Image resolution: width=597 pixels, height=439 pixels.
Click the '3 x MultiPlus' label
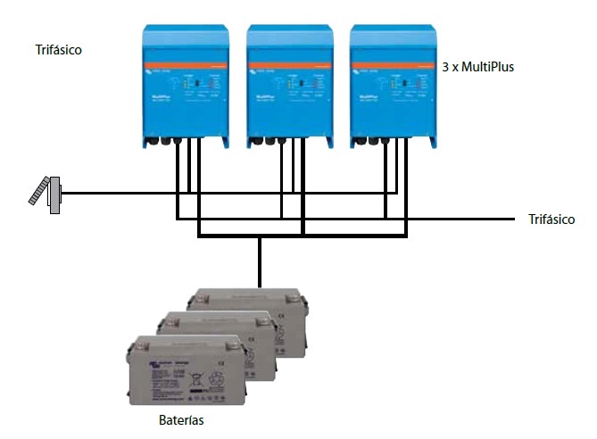click(478, 67)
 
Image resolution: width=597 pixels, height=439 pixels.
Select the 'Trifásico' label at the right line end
click(551, 219)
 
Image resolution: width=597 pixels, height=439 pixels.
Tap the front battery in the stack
click(184, 370)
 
